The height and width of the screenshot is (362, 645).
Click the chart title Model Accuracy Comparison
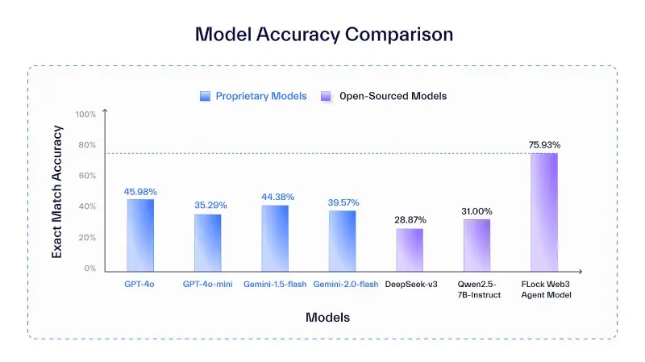323,35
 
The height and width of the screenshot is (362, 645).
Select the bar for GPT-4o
140,233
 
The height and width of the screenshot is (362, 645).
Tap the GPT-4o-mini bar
207,241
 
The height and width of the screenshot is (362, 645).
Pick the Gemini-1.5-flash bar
275,236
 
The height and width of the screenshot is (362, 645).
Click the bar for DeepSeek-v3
410,248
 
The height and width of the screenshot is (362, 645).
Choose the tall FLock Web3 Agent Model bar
544,210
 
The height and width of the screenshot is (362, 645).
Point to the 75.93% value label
544,145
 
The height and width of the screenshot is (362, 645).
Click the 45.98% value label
140,192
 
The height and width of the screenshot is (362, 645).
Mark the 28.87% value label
410,219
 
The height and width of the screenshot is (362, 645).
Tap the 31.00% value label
477,211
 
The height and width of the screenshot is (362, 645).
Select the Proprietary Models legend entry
253,96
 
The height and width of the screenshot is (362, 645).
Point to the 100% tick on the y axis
85,114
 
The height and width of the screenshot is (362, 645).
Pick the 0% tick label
89,268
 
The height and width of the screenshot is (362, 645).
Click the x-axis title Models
327,318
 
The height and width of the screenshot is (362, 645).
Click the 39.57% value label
343,202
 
